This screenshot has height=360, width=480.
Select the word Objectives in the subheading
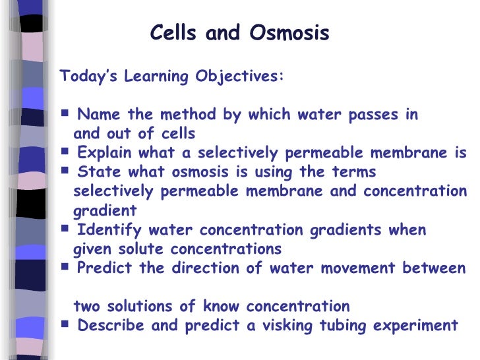coord(240,76)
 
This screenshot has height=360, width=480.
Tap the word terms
coord(355,173)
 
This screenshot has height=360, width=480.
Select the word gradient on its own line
coord(105,212)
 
